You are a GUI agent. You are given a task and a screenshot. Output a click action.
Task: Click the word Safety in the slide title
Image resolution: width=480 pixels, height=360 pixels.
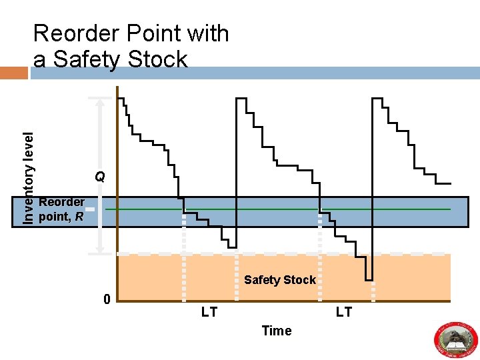[92, 59]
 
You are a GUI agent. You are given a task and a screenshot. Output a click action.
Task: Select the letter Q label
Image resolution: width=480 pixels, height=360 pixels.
[99, 177]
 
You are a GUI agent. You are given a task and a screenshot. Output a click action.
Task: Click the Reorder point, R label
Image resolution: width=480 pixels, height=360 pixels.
[61, 209]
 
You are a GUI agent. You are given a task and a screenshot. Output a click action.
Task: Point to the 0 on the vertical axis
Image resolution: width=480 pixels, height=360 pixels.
[107, 299]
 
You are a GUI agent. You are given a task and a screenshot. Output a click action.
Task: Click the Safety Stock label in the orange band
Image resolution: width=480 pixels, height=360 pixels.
[279, 279]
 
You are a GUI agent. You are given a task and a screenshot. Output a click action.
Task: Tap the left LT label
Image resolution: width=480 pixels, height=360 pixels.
[209, 312]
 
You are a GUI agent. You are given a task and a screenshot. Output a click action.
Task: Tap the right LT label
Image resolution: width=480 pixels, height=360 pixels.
[343, 312]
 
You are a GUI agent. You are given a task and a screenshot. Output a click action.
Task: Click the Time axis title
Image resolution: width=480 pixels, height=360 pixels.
[277, 331]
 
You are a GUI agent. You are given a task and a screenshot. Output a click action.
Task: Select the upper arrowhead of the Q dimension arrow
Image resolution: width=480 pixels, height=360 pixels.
[101, 101]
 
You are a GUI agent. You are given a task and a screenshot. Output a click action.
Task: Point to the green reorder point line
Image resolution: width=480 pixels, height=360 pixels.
[267, 209]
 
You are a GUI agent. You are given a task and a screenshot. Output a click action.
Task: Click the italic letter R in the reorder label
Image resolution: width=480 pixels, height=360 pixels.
[79, 216]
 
